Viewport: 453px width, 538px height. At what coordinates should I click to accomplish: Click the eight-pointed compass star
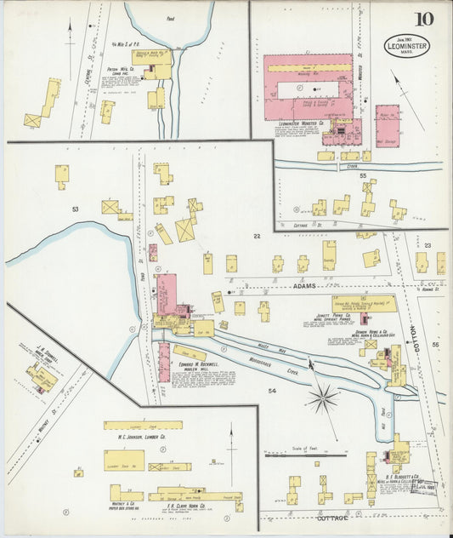322,398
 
